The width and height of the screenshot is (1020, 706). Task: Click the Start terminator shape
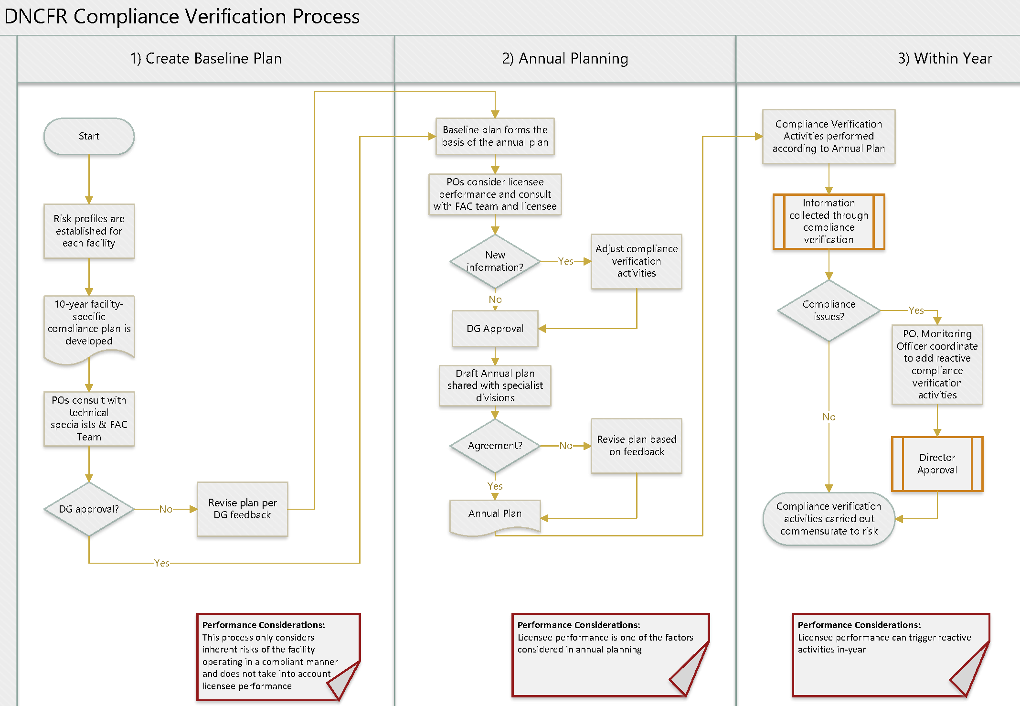coord(89,136)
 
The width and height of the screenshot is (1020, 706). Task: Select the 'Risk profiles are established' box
coord(89,231)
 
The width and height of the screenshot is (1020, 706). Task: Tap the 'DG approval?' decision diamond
coord(89,509)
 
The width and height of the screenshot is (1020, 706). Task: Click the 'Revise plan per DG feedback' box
coord(243,509)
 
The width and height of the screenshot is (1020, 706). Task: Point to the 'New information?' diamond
coord(495,261)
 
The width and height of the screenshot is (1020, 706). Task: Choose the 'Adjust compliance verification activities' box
coord(637,261)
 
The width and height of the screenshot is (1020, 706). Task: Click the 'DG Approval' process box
coord(495,329)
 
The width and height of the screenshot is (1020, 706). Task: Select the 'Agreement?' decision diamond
coord(495,446)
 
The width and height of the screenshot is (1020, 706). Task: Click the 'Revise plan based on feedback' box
coord(637,446)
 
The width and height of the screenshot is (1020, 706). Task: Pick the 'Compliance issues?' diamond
coord(829,310)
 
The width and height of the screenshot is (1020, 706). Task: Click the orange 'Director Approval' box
coord(937,464)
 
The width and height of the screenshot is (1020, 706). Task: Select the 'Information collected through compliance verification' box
coord(829,222)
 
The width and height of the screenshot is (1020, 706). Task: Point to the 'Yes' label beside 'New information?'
coord(566,261)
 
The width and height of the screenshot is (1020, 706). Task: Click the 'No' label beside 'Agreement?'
coord(566,446)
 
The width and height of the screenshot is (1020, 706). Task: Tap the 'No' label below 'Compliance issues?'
coord(829,417)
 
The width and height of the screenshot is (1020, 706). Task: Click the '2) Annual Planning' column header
coord(565,58)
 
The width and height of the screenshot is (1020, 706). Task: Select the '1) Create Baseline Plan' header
coord(206,58)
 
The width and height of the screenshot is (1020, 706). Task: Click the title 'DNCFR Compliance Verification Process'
coord(182,17)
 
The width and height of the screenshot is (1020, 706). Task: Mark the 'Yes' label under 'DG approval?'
coord(162,563)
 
